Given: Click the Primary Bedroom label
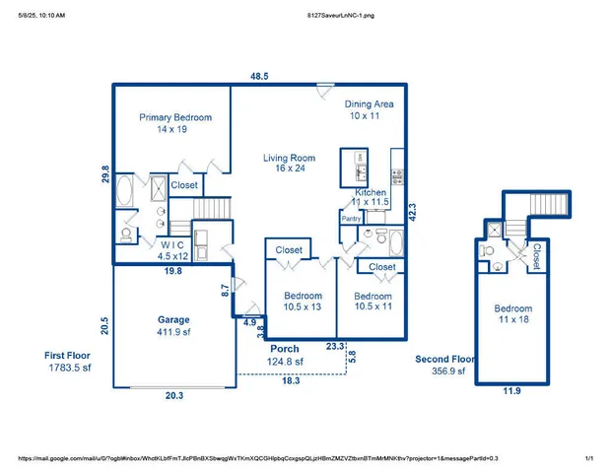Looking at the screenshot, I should click(x=174, y=123).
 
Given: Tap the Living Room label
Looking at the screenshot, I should click(x=288, y=163).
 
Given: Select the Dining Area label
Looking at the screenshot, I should click(x=369, y=109).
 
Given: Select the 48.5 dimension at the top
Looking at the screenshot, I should click(x=258, y=76).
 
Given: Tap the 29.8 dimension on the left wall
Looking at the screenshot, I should click(x=106, y=174).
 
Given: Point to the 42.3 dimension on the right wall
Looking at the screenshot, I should click(x=411, y=212).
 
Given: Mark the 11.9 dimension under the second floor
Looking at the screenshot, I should click(x=511, y=392).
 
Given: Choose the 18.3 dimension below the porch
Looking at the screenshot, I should click(x=290, y=380).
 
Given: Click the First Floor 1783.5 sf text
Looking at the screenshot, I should click(x=69, y=361).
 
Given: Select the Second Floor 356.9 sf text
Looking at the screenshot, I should click(x=444, y=366).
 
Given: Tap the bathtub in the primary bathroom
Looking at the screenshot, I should click(x=127, y=191).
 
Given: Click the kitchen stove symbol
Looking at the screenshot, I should click(x=397, y=177).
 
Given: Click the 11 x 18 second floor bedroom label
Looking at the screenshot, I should click(x=512, y=314).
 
